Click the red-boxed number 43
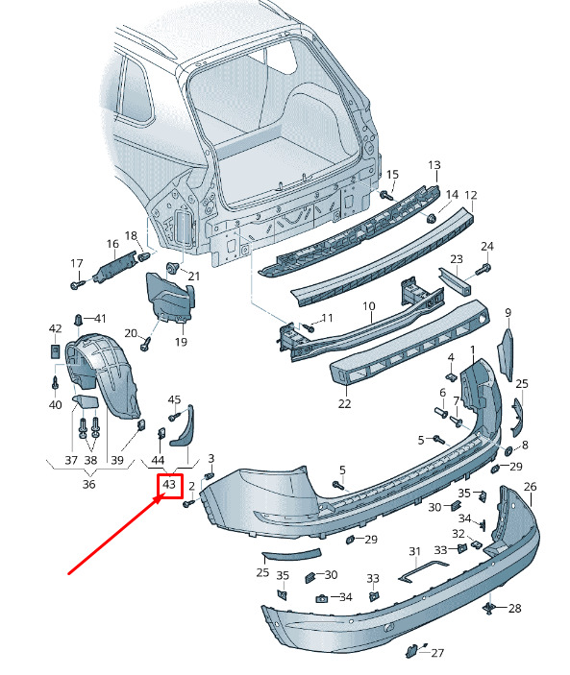(x=169, y=485)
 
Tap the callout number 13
(x=434, y=165)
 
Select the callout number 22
(x=345, y=403)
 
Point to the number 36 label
(x=88, y=484)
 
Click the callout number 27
(x=437, y=653)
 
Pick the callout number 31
(x=414, y=551)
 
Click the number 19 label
(x=181, y=342)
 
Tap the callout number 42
(x=55, y=328)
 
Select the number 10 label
(x=369, y=306)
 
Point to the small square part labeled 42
(x=55, y=350)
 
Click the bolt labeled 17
(x=77, y=284)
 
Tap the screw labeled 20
(x=145, y=344)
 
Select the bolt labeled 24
(x=483, y=270)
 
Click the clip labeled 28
(x=488, y=608)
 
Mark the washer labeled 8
(x=508, y=450)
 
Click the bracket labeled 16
(x=114, y=267)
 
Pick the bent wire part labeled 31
(x=423, y=571)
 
